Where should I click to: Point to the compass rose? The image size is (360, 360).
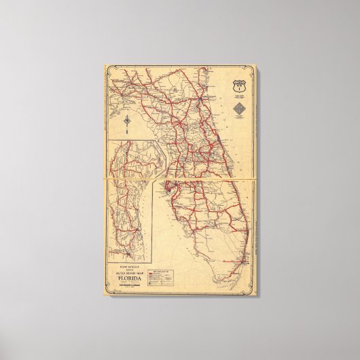click(x=128, y=122)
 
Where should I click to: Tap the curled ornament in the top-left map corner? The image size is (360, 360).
click(x=107, y=68)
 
